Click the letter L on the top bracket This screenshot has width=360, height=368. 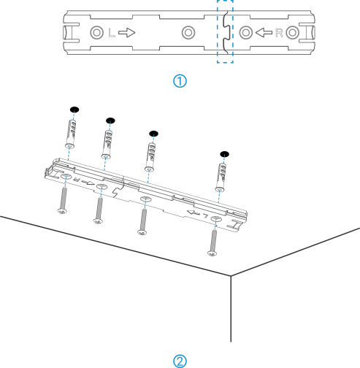point(112,33)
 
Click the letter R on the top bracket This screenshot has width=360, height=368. point(279,33)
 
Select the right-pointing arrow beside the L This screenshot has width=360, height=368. point(126,33)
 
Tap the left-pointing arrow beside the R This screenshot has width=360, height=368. point(264,33)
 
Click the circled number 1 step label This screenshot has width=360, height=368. point(180,81)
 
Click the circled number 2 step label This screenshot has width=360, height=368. point(180,361)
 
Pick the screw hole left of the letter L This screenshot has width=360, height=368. point(96,33)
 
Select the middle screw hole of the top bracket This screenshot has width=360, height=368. point(188,33)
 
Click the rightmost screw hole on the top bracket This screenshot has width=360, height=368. point(292,33)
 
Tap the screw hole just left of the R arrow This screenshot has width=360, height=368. point(246,33)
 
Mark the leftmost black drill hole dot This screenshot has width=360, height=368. point(74,110)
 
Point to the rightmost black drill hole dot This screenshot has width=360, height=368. point(224,154)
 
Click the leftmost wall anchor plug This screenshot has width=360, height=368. point(70,134)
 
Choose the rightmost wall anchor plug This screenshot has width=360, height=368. point(221,177)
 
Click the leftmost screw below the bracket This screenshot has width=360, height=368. point(63,200)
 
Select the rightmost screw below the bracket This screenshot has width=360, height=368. point(213,242)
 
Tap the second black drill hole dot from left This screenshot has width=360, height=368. point(110,120)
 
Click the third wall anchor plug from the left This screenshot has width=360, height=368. point(150,157)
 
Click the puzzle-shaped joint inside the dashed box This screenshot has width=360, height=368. point(226,32)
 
